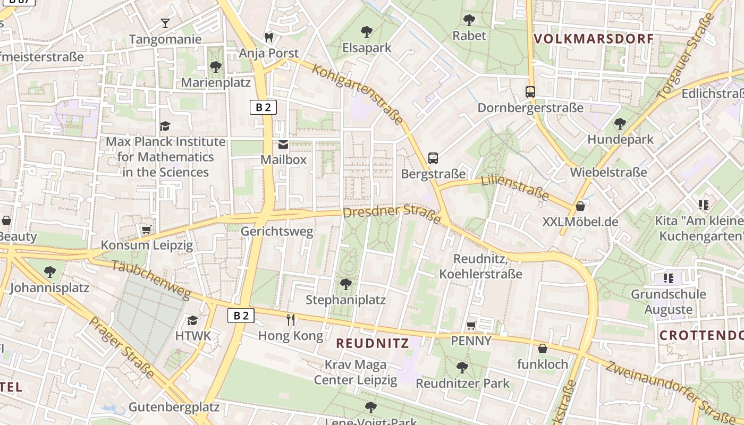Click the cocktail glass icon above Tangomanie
click(x=165, y=23)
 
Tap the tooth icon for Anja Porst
click(x=269, y=37)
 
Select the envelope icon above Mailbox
click(x=283, y=144)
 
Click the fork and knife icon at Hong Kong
click(x=291, y=319)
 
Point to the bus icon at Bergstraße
click(x=433, y=158)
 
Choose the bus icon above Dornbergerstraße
click(x=530, y=91)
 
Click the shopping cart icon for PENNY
click(x=471, y=325)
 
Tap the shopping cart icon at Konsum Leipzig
click(x=146, y=230)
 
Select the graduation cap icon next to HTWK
click(x=192, y=320)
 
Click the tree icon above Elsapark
click(x=366, y=32)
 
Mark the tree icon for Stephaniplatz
click(x=345, y=284)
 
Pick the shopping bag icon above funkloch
click(x=542, y=348)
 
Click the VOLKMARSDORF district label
click(x=593, y=39)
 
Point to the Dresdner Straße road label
click(x=392, y=214)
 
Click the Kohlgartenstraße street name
click(x=358, y=94)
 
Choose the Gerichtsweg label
click(x=277, y=232)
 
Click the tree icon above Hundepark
click(x=620, y=124)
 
